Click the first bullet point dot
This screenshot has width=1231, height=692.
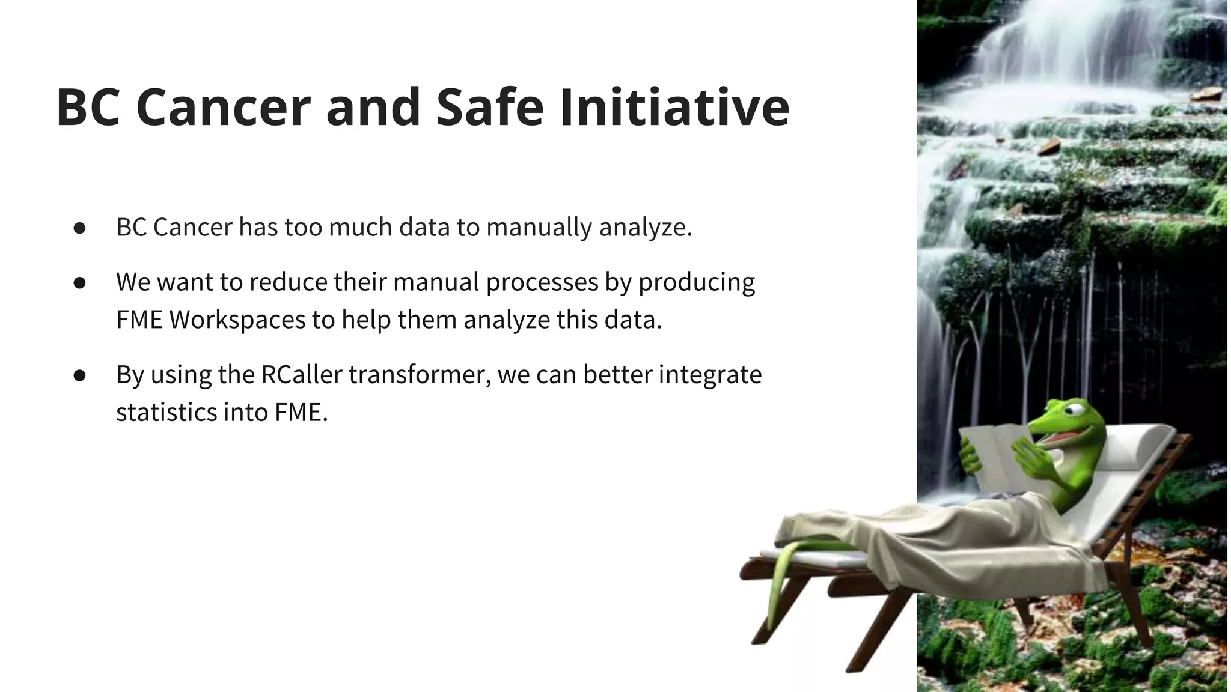[80, 228]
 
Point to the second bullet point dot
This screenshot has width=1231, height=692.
[80, 283]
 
